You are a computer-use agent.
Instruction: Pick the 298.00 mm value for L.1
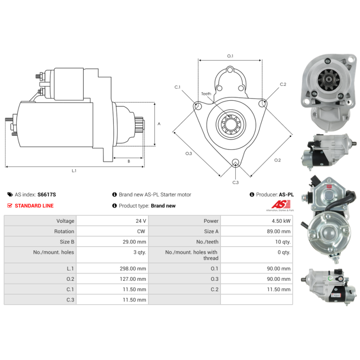click(x=135, y=269)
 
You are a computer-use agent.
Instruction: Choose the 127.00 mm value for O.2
click(x=135, y=279)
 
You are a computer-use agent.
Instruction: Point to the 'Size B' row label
click(x=63, y=242)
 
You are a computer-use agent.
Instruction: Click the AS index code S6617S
click(x=47, y=195)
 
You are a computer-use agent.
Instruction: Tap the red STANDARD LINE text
click(x=34, y=206)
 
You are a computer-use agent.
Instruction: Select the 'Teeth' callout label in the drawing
click(x=206, y=94)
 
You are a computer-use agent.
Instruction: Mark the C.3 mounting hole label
click(x=235, y=182)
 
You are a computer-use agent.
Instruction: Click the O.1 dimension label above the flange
click(x=230, y=56)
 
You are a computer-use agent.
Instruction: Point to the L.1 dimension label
click(x=74, y=171)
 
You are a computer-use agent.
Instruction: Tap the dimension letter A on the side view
click(x=159, y=124)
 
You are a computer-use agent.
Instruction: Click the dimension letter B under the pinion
click(x=129, y=161)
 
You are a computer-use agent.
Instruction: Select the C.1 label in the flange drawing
click(x=177, y=87)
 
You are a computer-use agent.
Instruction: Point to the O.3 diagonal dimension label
click(x=189, y=153)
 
